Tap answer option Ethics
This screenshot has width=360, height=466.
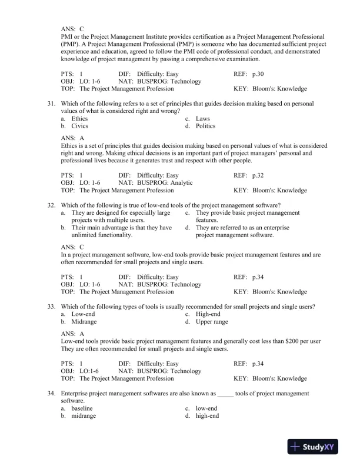click(x=79, y=118)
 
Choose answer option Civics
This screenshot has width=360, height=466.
click(x=79, y=126)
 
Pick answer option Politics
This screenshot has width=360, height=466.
click(x=205, y=126)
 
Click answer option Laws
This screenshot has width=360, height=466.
click(x=203, y=118)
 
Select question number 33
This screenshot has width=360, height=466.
click(x=51, y=307)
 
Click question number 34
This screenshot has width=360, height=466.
click(x=51, y=392)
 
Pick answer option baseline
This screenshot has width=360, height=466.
click(x=82, y=408)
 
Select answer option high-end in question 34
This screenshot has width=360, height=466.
click(x=207, y=415)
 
